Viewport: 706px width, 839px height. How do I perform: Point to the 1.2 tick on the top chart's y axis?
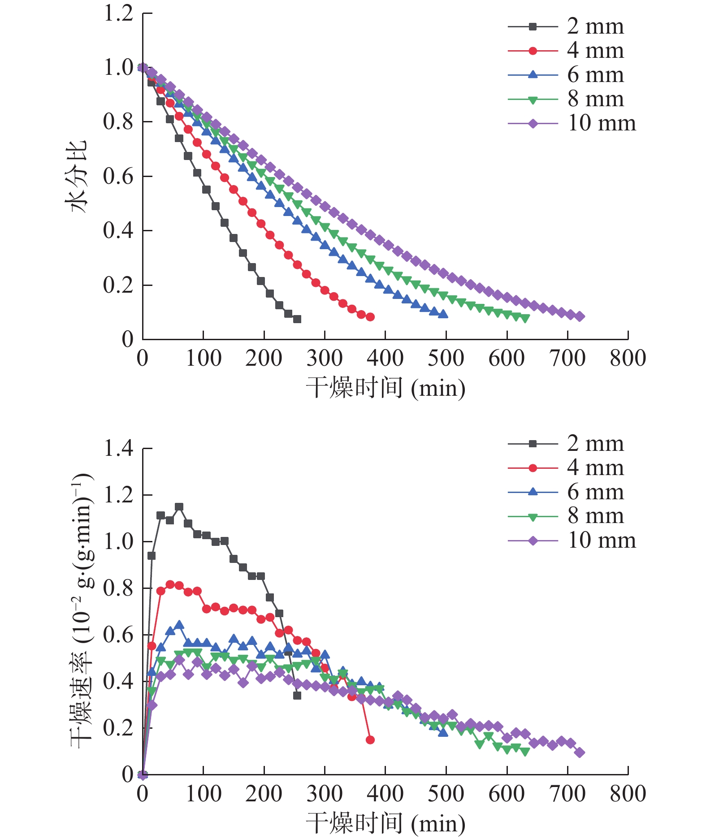(118, 13)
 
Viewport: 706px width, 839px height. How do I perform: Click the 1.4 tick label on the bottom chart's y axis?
(118, 448)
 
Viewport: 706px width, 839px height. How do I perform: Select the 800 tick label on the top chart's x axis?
(628, 359)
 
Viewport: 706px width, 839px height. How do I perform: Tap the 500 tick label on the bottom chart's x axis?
(446, 794)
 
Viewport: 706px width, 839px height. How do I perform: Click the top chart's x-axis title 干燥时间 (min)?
(385, 388)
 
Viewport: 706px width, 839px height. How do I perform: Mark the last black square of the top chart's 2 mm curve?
(297, 319)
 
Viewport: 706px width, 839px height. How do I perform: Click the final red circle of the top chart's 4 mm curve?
(370, 317)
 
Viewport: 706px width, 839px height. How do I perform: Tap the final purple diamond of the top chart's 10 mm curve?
(579, 316)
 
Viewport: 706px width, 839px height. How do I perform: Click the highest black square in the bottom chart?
(179, 507)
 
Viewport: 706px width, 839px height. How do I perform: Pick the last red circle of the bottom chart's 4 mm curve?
(370, 740)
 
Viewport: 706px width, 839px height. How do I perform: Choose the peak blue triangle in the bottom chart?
(179, 625)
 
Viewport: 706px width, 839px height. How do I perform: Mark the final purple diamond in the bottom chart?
(579, 753)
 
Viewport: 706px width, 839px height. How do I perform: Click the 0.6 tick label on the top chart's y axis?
(118, 177)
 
